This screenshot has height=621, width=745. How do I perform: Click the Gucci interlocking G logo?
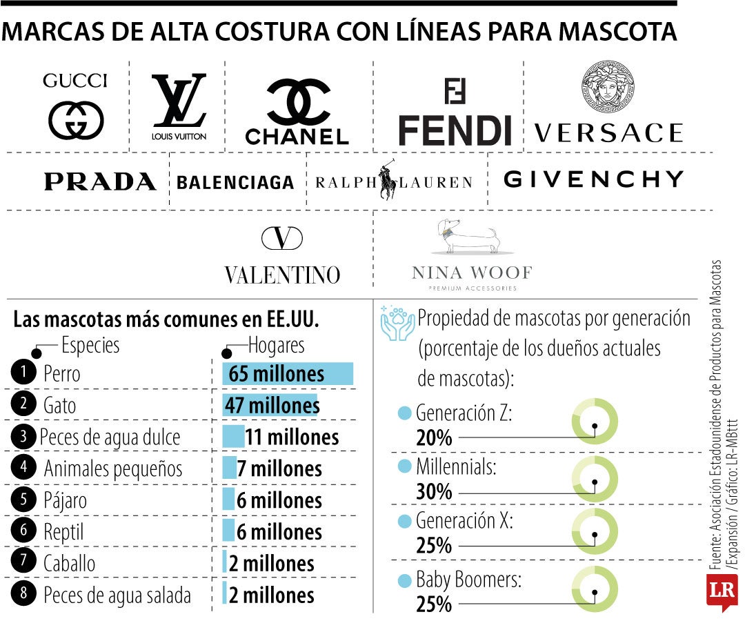(76, 120)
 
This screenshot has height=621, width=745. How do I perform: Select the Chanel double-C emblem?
(298, 102)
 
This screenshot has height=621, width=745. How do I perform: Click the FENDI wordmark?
(455, 130)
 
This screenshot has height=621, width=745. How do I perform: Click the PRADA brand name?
(100, 181)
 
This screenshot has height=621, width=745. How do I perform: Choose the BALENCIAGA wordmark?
(235, 182)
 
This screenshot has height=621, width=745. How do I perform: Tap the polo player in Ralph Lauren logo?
(389, 181)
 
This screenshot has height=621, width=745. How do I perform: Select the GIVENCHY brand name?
(593, 179)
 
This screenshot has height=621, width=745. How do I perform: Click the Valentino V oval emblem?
(282, 238)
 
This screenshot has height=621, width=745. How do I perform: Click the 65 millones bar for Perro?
(288, 374)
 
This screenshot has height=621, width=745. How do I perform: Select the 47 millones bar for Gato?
(271, 405)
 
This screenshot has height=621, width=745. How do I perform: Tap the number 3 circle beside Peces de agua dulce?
(23, 436)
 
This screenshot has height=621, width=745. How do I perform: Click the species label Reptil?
(63, 532)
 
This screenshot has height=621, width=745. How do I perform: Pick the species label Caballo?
(69, 563)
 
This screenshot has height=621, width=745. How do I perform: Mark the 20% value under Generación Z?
(434, 437)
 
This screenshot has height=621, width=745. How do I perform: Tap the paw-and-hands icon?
(398, 324)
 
